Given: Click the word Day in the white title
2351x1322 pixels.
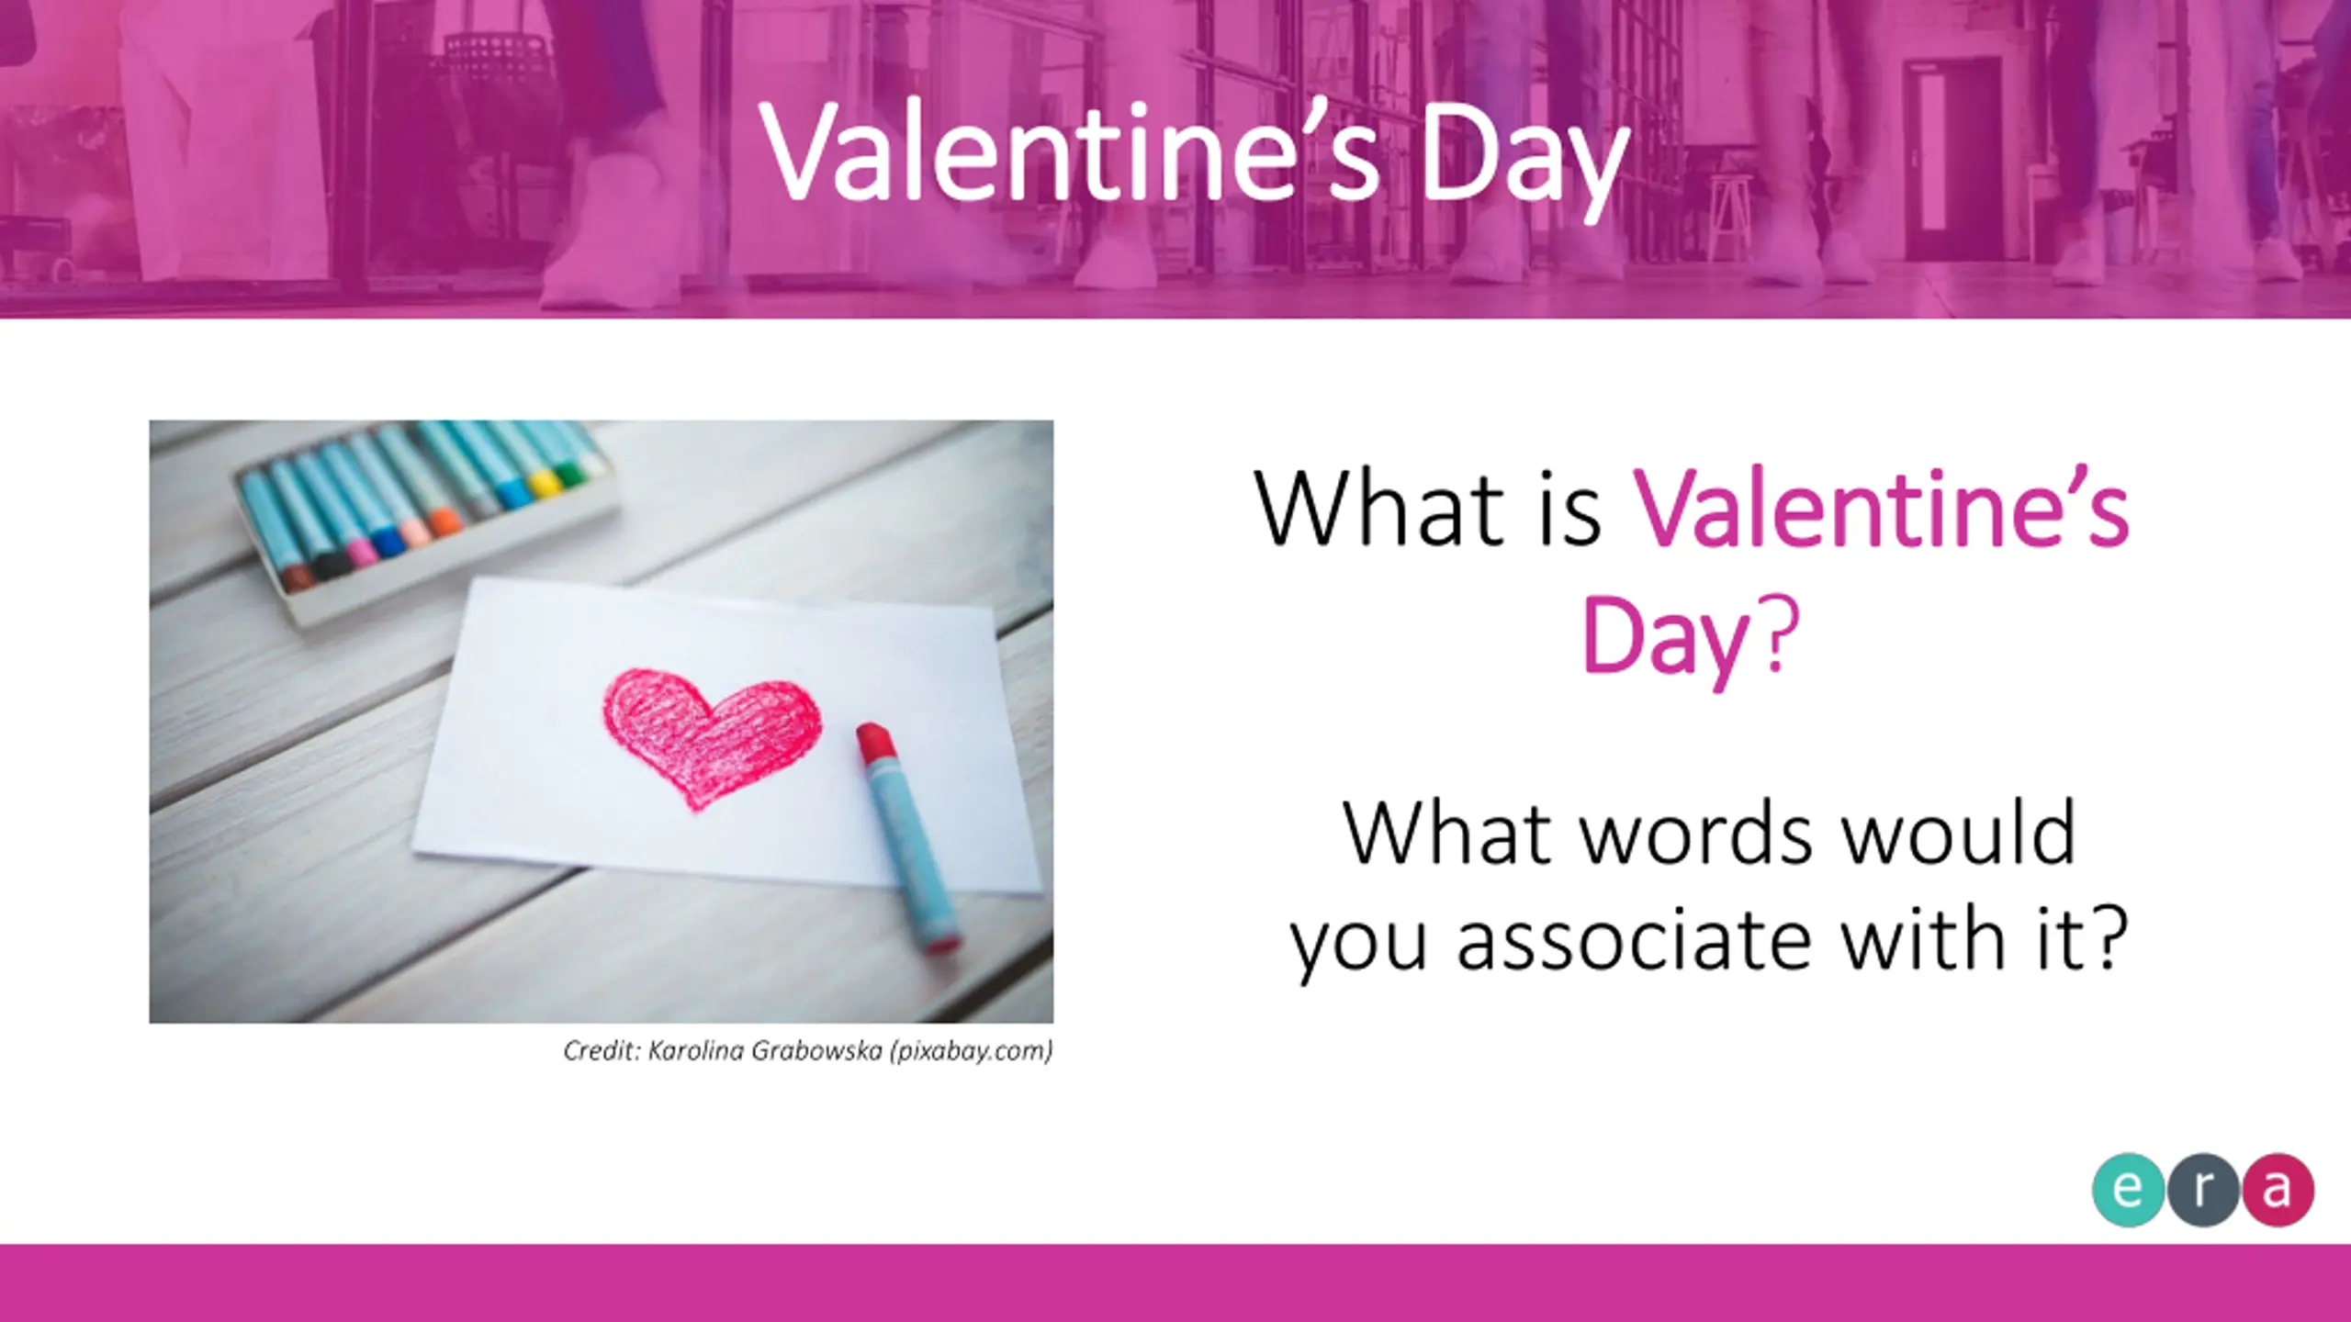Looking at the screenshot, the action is pyautogui.click(x=1524, y=157).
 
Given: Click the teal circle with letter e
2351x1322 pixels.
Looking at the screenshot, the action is pyautogui.click(x=2129, y=1190).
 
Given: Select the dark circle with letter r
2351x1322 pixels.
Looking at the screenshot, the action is pyautogui.click(x=2203, y=1190).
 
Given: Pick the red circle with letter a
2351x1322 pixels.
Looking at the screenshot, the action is pyautogui.click(x=2278, y=1190).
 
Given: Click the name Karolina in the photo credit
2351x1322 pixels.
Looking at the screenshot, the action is pyautogui.click(x=695, y=1050).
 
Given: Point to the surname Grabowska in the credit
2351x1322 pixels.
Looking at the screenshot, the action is pyautogui.click(x=816, y=1050).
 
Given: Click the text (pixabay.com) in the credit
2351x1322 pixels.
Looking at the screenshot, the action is pyautogui.click(x=971, y=1051).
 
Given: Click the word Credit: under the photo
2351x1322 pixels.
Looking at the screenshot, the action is pyautogui.click(x=602, y=1050).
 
